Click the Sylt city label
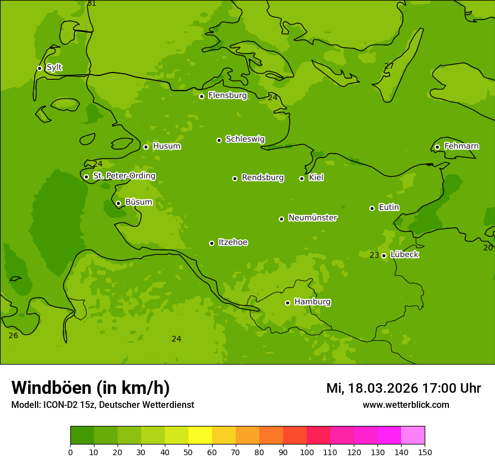click(54, 68)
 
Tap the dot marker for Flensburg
click(201, 96)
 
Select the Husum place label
click(166, 146)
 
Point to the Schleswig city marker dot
click(219, 140)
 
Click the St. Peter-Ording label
click(124, 176)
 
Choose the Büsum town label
click(138, 202)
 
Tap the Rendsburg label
click(263, 178)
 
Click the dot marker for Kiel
click(301, 178)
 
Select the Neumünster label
click(312, 218)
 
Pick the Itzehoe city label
click(233, 243)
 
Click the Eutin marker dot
click(372, 208)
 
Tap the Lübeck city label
click(404, 254)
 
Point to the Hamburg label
click(312, 302)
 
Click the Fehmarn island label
click(461, 146)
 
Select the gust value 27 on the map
click(389, 66)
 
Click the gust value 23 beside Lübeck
click(374, 255)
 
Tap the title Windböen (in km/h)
click(91, 388)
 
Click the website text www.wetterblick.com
click(406, 405)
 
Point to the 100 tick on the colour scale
click(307, 452)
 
